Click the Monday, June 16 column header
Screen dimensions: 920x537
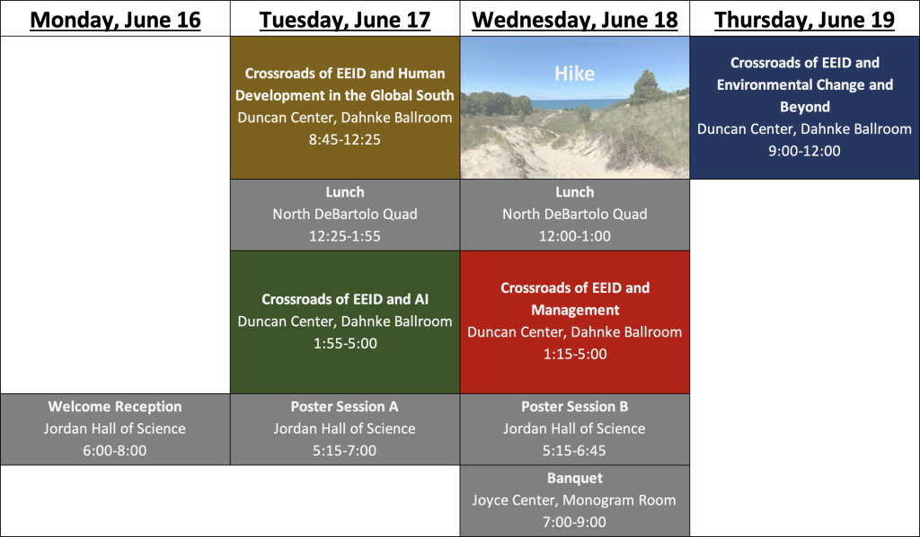tap(115, 20)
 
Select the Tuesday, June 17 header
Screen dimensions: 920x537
tap(345, 20)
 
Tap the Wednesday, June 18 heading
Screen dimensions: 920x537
tap(575, 20)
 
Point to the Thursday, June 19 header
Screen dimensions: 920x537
tap(804, 20)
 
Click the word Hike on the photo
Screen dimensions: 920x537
tap(574, 74)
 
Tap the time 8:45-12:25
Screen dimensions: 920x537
tap(345, 139)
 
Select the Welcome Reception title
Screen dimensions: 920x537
tap(115, 406)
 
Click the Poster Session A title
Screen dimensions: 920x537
tap(344, 406)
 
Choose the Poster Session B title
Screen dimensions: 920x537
tap(574, 406)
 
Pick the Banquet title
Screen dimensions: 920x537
tap(575, 478)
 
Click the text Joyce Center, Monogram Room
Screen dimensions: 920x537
tap(574, 500)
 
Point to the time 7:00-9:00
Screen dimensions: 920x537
tap(574, 522)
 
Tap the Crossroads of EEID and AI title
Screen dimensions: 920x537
tap(345, 299)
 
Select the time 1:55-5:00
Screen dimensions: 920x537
tap(345, 343)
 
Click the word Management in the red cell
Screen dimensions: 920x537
tap(575, 310)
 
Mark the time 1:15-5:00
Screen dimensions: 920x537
tap(575, 354)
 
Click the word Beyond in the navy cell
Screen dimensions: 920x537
tap(804, 107)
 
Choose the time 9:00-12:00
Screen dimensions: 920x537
tap(804, 151)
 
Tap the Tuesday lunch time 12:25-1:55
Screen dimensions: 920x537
tap(345, 235)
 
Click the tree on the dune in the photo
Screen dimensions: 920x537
tap(647, 87)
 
